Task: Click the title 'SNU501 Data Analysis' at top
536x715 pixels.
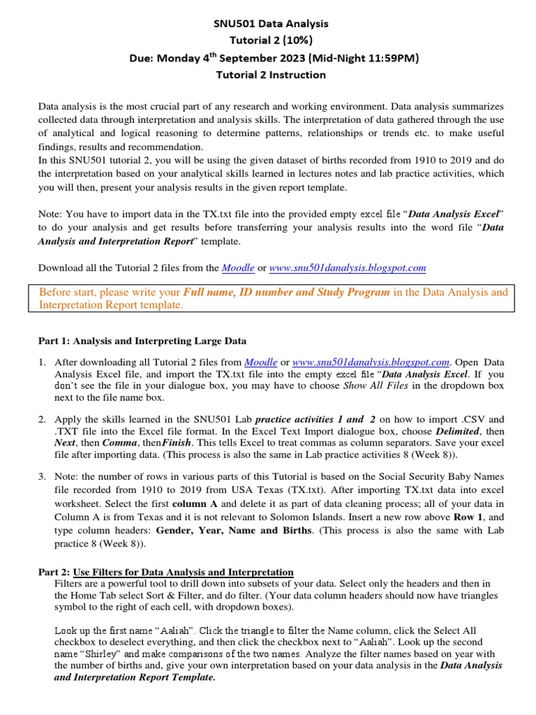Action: tap(270, 24)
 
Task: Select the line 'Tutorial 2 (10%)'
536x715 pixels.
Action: tap(270, 40)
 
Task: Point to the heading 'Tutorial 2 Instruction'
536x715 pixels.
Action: tap(270, 75)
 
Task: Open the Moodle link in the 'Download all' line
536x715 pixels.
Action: tap(238, 267)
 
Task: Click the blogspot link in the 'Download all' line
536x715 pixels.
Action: tap(347, 267)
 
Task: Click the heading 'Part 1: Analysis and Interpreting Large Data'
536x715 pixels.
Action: tap(141, 341)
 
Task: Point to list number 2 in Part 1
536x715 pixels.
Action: tap(42, 420)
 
